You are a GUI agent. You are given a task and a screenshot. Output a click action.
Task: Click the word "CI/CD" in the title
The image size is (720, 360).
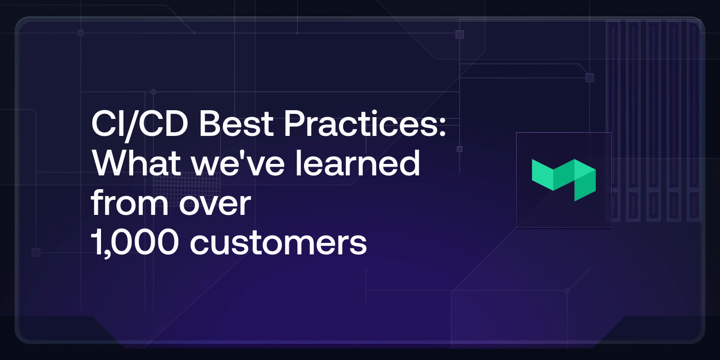[140, 124]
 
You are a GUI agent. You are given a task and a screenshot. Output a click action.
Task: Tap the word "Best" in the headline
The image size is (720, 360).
[236, 124]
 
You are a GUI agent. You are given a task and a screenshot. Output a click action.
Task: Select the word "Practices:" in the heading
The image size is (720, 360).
[365, 124]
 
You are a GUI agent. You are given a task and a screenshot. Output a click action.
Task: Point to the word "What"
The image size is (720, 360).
[136, 163]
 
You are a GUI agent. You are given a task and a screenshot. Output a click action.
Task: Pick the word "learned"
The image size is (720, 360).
[358, 163]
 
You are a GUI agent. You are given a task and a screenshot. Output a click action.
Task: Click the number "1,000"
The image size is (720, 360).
[135, 242]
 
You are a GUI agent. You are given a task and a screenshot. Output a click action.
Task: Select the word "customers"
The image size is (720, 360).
[278, 242]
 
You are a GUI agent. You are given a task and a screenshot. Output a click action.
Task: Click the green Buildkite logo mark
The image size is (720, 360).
[564, 180]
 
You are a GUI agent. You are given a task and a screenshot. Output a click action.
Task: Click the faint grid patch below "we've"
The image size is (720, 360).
[186, 190]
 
